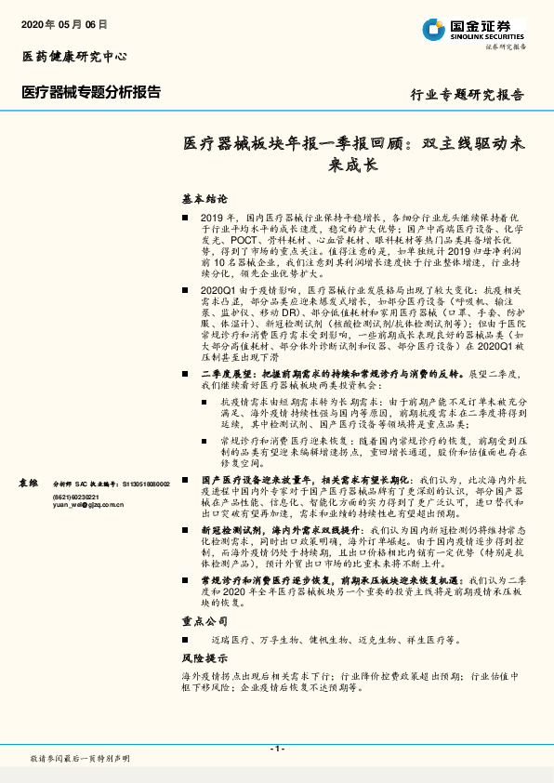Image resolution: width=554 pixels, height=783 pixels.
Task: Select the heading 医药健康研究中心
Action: click(74, 57)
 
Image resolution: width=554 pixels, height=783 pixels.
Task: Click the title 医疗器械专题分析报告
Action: click(91, 92)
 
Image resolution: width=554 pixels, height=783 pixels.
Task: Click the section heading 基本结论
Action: click(204, 199)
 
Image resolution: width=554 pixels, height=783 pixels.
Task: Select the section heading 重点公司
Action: click(204, 620)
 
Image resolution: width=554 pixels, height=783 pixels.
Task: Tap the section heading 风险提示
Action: click(204, 657)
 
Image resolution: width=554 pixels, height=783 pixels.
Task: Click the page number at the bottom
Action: click(276, 749)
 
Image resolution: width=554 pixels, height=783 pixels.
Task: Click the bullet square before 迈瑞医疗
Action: click(187, 640)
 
